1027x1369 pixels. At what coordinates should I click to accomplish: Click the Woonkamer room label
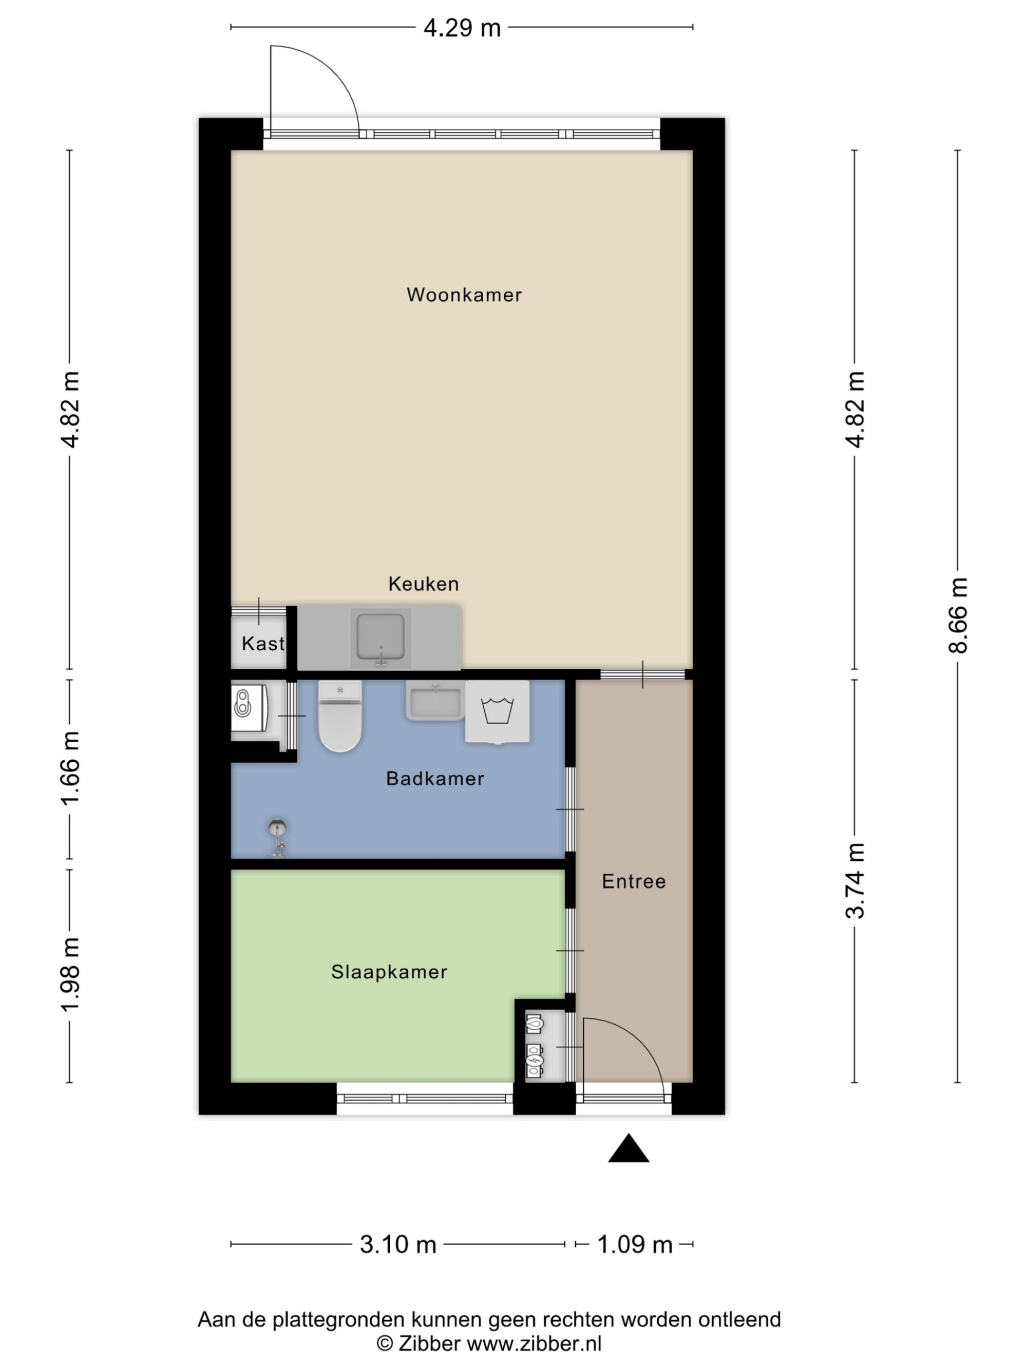(464, 295)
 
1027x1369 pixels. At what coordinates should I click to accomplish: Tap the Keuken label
(424, 584)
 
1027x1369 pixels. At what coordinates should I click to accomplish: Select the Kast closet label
(263, 644)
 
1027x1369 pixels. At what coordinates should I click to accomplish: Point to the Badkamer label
(434, 779)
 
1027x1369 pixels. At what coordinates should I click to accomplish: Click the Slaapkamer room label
(389, 972)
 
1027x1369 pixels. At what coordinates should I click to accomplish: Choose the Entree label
(634, 881)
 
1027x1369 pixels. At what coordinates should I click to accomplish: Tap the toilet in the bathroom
(340, 716)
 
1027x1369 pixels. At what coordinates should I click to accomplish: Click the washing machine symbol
(497, 712)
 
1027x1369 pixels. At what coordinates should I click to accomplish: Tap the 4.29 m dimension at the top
(462, 28)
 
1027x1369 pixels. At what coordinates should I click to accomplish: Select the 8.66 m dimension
(957, 614)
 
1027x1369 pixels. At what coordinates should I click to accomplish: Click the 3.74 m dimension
(854, 881)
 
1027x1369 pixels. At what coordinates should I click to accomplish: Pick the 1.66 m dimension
(69, 768)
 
